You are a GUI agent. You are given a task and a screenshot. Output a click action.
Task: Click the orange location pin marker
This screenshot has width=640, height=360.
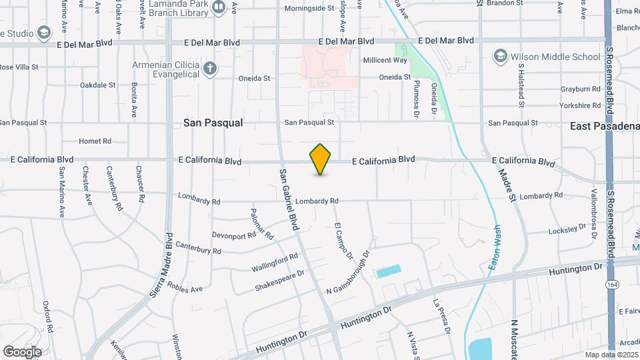pos(321,159)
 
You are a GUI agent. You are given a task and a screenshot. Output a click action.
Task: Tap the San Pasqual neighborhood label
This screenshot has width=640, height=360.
pos(213,123)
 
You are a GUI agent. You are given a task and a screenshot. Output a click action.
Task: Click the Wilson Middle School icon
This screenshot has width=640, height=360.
pos(500,56)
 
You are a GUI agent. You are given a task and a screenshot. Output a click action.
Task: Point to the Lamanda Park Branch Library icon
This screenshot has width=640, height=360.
pos(219,7)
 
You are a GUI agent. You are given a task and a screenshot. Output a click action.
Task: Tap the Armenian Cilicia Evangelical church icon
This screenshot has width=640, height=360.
pos(210,67)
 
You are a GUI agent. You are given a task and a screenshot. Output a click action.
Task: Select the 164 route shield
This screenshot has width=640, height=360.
pos(611,285)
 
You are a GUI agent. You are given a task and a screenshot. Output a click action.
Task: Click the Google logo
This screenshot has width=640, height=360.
pos(21,351)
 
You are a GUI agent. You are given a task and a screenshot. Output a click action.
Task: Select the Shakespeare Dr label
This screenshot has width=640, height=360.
pos(279,281)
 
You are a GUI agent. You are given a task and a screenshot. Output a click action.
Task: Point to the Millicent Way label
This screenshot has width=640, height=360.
pos(385,60)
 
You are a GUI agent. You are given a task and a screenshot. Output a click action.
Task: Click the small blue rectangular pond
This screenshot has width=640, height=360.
pos(389,271)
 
